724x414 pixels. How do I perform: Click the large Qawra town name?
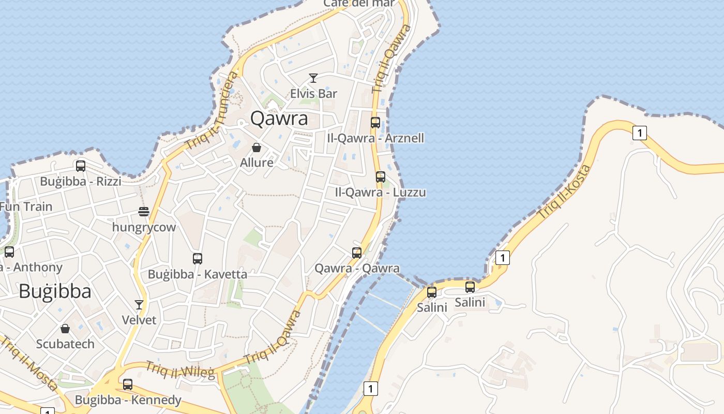pos(279,119)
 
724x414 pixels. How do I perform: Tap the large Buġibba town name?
pos(55,291)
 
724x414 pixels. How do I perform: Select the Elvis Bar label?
pos(313,94)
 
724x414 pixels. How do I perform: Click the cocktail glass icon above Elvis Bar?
pos(313,78)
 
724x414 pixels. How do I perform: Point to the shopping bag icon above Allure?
pos(256,147)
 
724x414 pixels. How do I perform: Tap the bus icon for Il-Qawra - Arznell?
pos(375,123)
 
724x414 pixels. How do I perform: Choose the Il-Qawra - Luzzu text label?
pos(381,193)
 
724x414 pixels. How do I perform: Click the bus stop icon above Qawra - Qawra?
pos(357,253)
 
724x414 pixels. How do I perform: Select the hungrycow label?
pos(144,227)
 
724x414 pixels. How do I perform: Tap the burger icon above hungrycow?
pos(144,212)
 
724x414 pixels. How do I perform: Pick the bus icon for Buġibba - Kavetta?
pos(197,259)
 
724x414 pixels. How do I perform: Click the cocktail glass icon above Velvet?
pos(139,304)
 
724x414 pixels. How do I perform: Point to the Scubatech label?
pos(65,344)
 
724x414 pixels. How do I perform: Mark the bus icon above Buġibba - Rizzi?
pos(81,166)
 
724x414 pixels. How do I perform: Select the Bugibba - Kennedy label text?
pos(128,400)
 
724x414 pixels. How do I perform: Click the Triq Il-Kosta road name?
pos(564,192)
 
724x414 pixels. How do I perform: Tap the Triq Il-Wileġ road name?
pos(179,369)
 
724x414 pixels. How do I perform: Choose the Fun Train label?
pos(26,206)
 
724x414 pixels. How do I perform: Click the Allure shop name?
pos(257,162)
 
